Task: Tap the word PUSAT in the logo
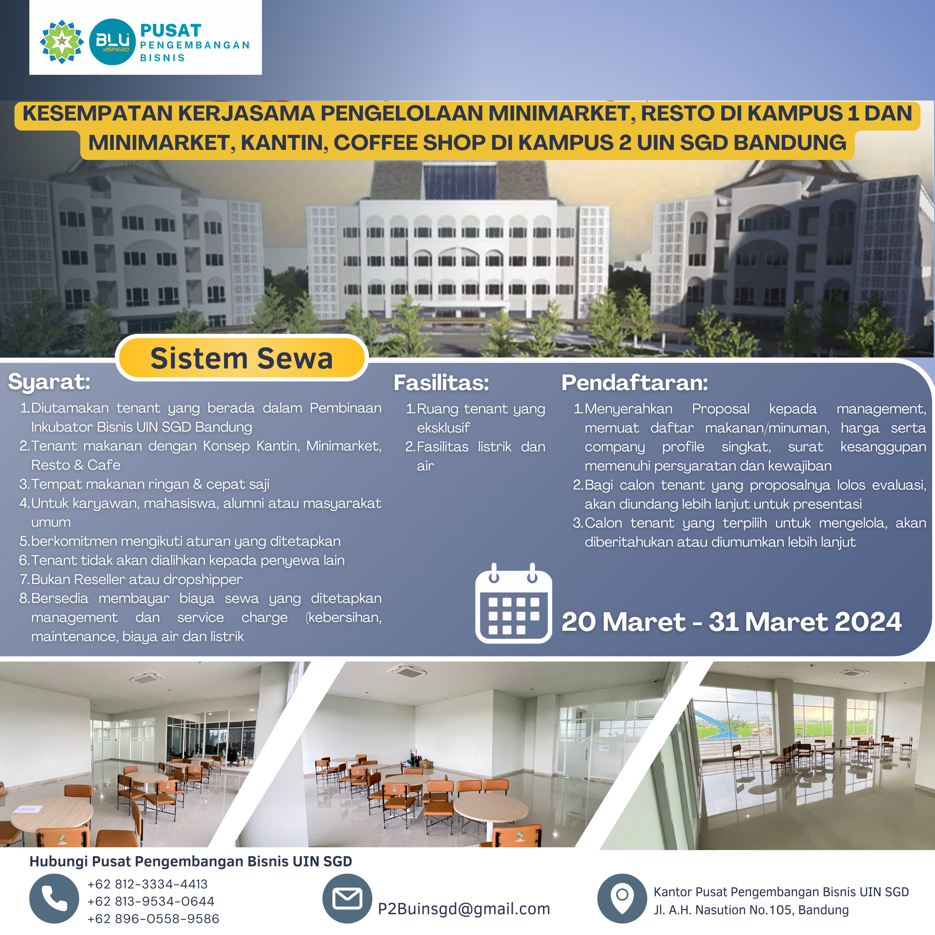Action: tap(170, 30)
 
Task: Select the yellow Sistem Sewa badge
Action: tap(242, 358)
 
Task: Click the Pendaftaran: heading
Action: tap(634, 383)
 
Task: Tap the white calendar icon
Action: tap(513, 603)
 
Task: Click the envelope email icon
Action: tap(347, 899)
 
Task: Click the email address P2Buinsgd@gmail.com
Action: tap(464, 909)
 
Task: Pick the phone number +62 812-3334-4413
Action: tap(148, 884)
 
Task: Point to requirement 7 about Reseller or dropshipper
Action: tap(131, 579)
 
